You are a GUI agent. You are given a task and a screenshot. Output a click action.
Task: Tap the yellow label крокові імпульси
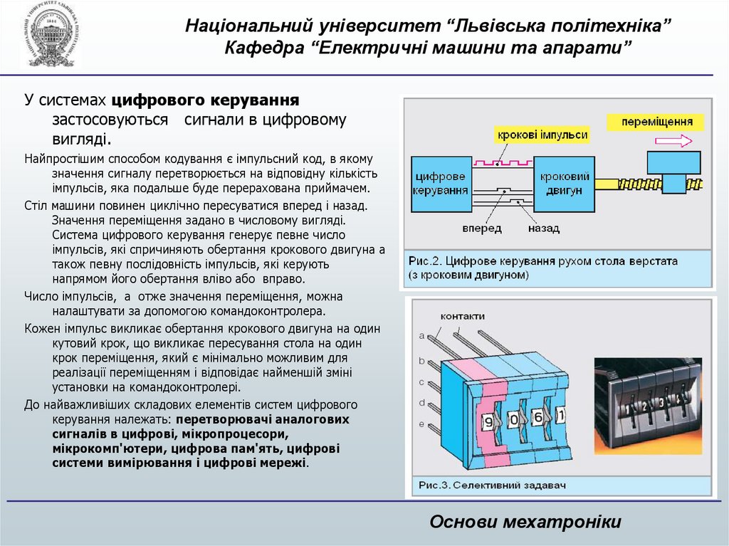pyautogui.click(x=543, y=135)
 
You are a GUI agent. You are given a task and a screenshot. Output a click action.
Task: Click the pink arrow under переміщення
pyautogui.click(x=673, y=140)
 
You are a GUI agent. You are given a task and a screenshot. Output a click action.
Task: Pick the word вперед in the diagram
pyautogui.click(x=481, y=229)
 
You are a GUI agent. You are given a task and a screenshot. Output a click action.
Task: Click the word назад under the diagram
pyautogui.click(x=543, y=229)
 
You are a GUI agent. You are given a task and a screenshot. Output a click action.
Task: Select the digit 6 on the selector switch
pyautogui.click(x=538, y=417)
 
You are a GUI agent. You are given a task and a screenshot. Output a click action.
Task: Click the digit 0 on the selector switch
pyautogui.click(x=514, y=419)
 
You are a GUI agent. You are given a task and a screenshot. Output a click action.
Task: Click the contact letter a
pyautogui.click(x=422, y=335)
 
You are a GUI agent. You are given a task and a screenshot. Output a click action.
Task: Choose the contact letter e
pyautogui.click(x=422, y=424)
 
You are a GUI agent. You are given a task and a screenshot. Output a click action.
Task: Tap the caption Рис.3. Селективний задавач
pyautogui.click(x=491, y=485)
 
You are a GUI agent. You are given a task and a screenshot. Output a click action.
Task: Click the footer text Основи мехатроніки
pyautogui.click(x=525, y=522)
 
